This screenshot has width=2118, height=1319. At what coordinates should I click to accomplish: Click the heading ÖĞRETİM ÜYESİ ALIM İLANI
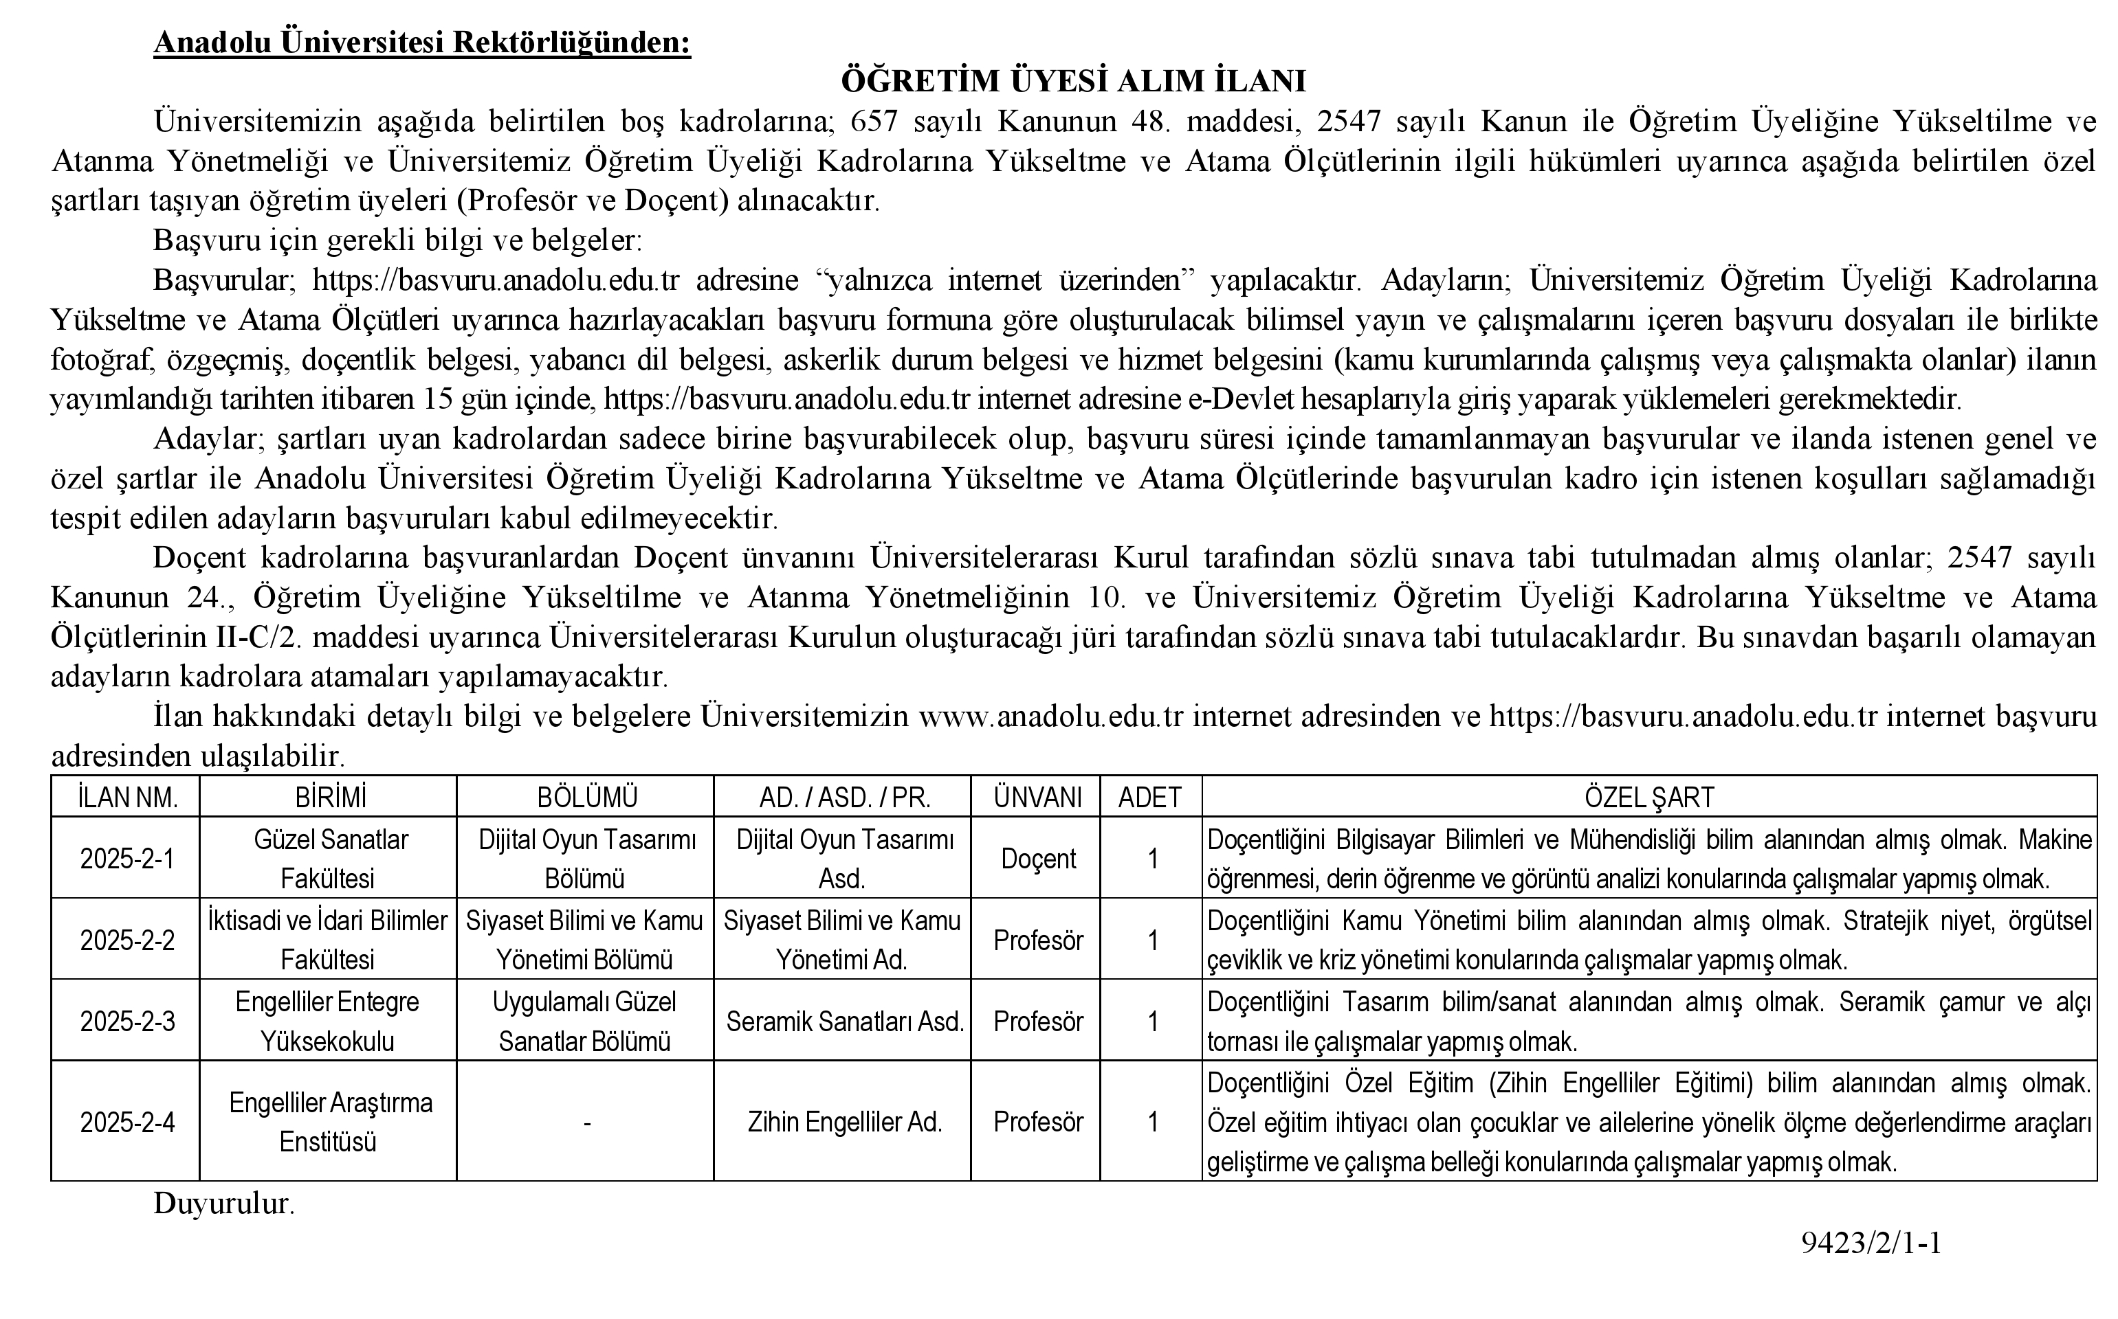tap(1072, 81)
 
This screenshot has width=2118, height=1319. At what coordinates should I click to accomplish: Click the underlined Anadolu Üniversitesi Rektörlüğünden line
tap(421, 42)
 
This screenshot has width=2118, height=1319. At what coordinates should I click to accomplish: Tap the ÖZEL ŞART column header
tap(1648, 796)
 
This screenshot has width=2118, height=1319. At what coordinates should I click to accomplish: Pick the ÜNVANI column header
tap(1037, 796)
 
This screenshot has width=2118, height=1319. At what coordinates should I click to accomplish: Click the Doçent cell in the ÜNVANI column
tap(1037, 859)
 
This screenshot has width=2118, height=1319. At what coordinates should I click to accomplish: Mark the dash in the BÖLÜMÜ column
tap(586, 1123)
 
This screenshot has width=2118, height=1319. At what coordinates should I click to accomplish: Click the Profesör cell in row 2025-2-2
tap(1037, 940)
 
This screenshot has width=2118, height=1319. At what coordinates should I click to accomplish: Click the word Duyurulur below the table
tap(223, 1204)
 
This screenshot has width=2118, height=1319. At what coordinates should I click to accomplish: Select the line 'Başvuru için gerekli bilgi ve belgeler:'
tap(397, 240)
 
